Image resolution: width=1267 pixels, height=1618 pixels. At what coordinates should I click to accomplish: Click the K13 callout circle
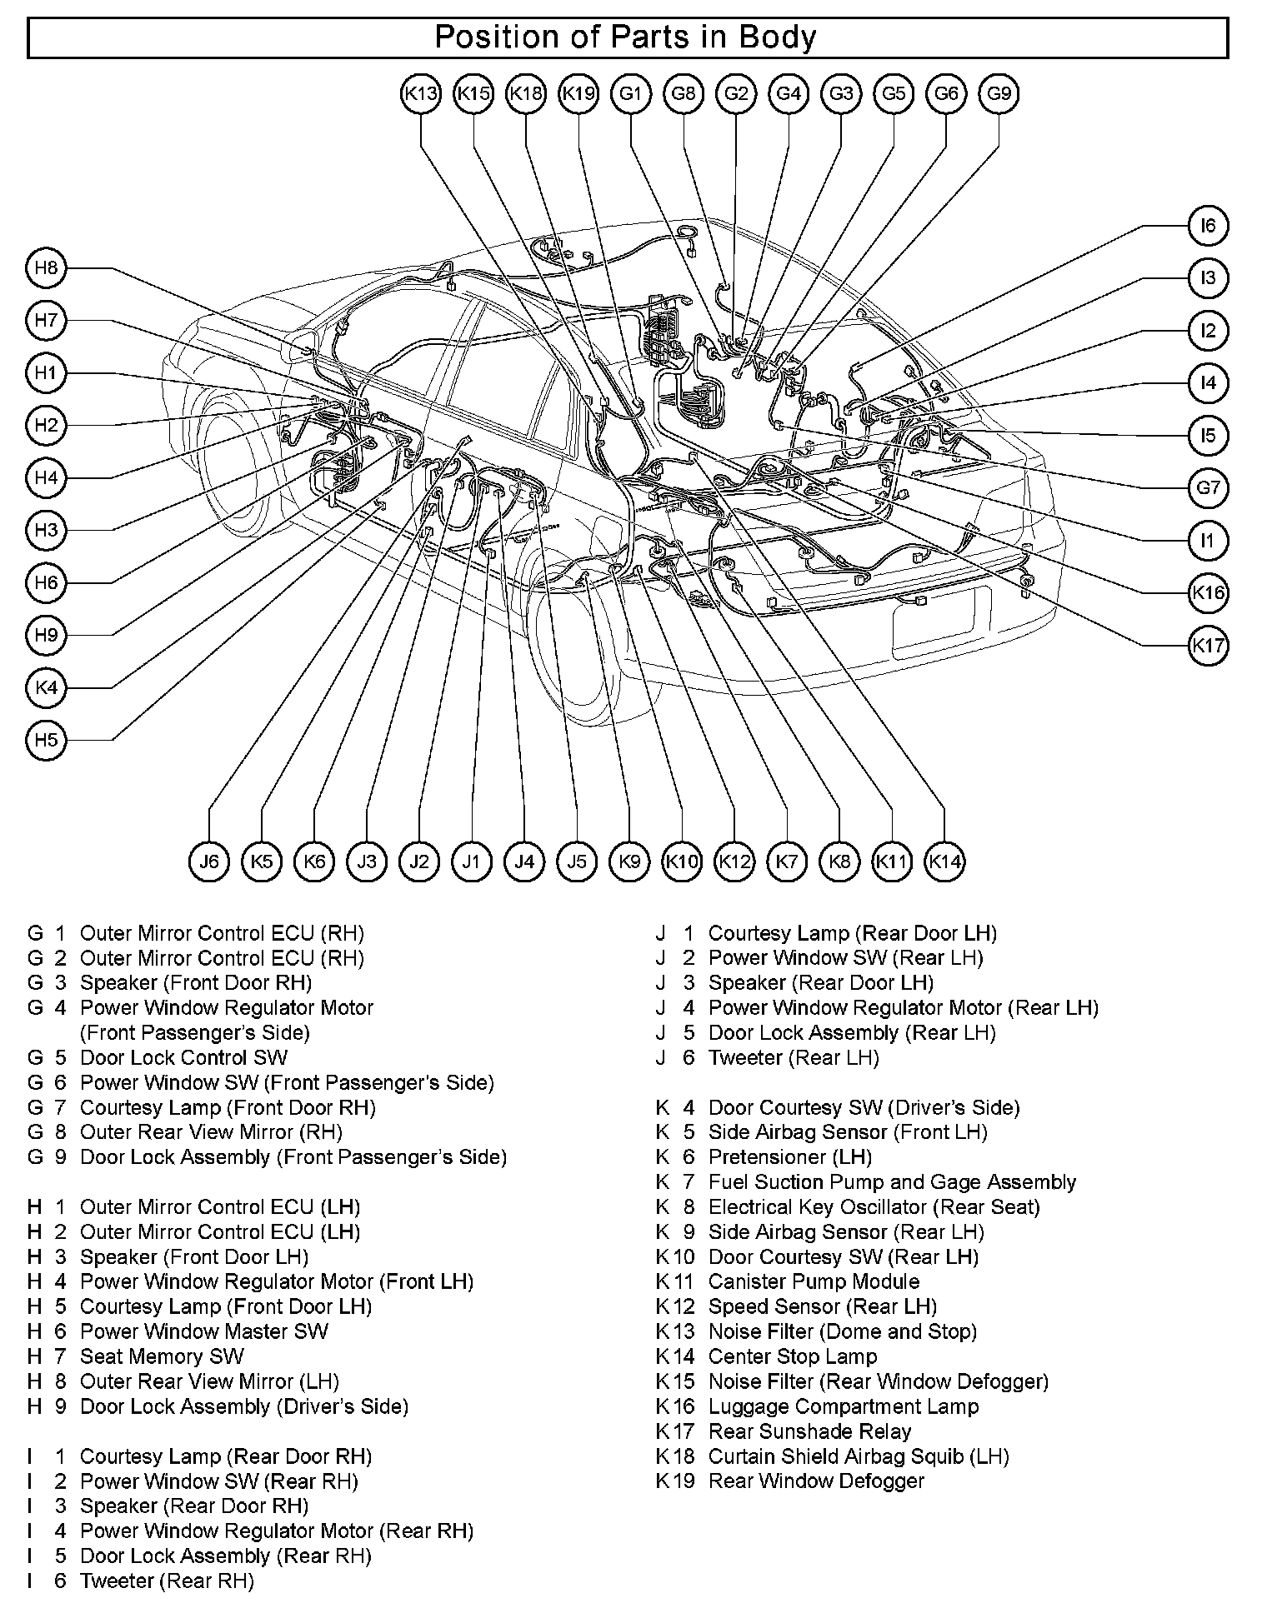click(420, 93)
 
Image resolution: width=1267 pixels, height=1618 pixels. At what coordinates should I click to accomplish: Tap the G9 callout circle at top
click(999, 93)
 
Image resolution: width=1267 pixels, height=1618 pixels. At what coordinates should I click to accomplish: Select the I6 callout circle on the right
click(1208, 226)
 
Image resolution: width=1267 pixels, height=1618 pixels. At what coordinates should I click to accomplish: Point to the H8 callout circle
click(47, 267)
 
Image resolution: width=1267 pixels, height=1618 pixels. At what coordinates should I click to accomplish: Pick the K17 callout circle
click(1208, 645)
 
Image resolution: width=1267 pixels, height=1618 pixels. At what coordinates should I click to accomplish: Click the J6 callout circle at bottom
click(209, 861)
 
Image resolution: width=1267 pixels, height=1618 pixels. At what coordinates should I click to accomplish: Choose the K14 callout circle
click(944, 861)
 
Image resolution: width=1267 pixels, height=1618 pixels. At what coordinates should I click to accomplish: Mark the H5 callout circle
click(47, 740)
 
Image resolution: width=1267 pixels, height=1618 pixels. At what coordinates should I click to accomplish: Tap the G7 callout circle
click(1208, 487)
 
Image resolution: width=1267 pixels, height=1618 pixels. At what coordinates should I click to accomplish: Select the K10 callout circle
click(682, 861)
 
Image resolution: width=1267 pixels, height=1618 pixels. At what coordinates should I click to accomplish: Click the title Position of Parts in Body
click(626, 37)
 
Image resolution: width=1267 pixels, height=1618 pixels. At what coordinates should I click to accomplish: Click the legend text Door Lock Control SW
click(183, 1057)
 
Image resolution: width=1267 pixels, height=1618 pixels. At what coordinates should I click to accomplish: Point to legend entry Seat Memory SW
click(162, 1356)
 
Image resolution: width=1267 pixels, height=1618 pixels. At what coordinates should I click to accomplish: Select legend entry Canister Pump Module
click(814, 1281)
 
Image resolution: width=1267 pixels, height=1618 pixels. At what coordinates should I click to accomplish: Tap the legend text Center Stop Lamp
click(792, 1356)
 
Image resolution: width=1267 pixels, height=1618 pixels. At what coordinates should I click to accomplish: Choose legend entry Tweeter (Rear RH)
click(167, 1581)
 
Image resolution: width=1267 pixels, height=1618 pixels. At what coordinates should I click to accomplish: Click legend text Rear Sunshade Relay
click(809, 1431)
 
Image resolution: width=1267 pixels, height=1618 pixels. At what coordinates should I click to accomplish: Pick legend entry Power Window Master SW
click(203, 1331)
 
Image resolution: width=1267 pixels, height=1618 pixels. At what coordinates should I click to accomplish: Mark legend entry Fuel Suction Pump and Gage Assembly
click(892, 1182)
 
